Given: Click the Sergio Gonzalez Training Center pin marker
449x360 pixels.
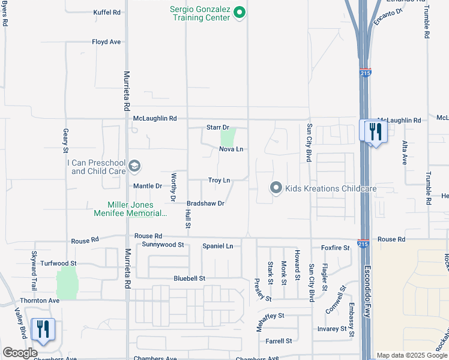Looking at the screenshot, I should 240,12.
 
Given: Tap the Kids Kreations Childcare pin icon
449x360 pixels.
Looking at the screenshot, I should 276,188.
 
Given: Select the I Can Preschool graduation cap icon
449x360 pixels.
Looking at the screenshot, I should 135,166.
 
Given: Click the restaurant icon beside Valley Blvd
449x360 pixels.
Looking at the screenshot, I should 43,329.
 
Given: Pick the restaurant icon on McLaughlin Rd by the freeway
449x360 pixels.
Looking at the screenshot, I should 375,130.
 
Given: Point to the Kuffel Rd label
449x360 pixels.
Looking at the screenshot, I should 107,12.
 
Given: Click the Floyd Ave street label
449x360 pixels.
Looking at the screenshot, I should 106,42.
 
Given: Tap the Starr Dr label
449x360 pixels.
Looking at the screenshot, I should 218,127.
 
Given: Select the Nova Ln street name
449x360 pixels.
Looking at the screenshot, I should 231,149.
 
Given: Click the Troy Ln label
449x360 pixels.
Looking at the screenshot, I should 219,180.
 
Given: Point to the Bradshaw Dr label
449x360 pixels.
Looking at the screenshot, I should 205,203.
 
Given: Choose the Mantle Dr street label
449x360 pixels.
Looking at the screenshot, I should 148,186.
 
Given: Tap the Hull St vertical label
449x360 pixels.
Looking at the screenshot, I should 187,218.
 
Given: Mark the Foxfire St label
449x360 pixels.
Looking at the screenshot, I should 335,247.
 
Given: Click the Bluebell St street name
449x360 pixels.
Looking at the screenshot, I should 190,278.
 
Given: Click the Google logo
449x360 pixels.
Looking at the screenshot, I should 20,353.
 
